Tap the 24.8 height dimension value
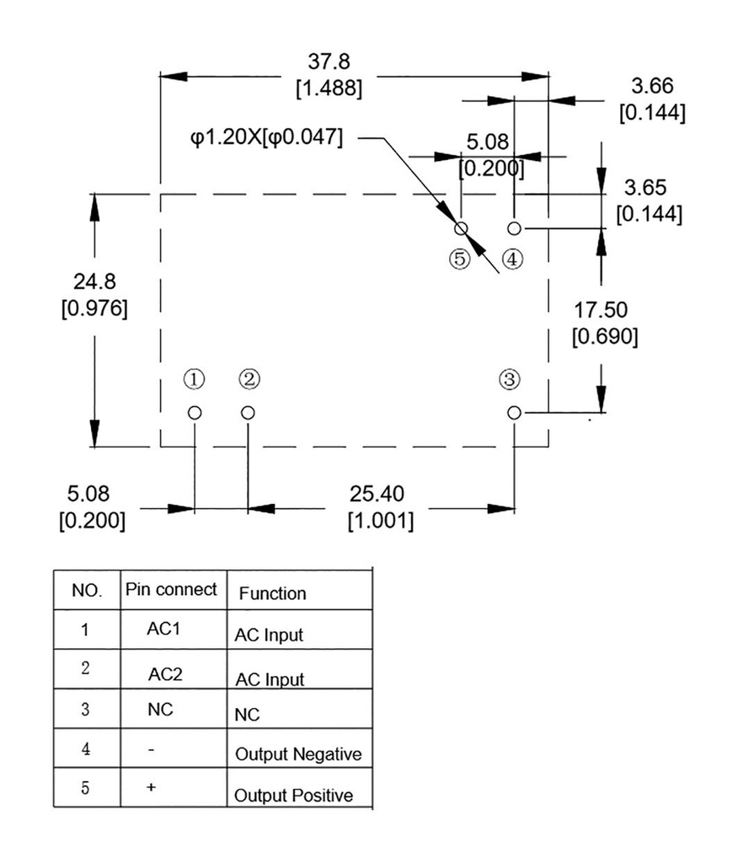[94, 280]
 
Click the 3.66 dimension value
[652, 85]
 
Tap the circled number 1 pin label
[195, 380]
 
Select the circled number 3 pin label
[509, 380]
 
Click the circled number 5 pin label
[459, 259]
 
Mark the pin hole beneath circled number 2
[248, 412]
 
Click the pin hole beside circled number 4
[514, 228]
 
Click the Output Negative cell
[297, 754]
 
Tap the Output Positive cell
[293, 795]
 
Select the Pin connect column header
[171, 589]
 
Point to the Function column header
[273, 593]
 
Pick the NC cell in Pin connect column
[160, 710]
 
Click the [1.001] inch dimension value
[381, 521]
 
